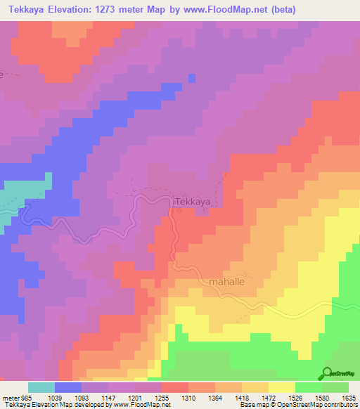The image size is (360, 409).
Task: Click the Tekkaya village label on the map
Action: click(x=192, y=202)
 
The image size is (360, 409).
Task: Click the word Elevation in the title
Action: click(x=79, y=10)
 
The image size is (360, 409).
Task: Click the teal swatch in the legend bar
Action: click(x=41, y=387)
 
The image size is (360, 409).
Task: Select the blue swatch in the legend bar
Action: click(x=68, y=387)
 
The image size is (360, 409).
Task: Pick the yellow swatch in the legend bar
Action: click(x=281, y=387)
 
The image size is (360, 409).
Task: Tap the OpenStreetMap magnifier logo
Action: click(x=327, y=372)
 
